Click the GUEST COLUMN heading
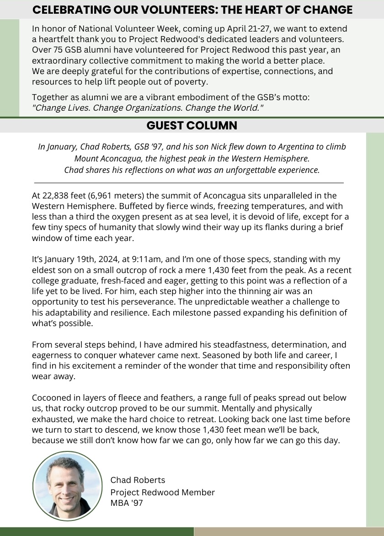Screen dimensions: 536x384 click(192, 125)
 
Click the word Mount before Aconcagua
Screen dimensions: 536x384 click(86, 159)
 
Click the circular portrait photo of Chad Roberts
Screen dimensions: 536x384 click(67, 486)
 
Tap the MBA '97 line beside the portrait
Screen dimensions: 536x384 click(127, 503)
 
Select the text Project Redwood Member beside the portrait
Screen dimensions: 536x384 click(162, 492)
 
